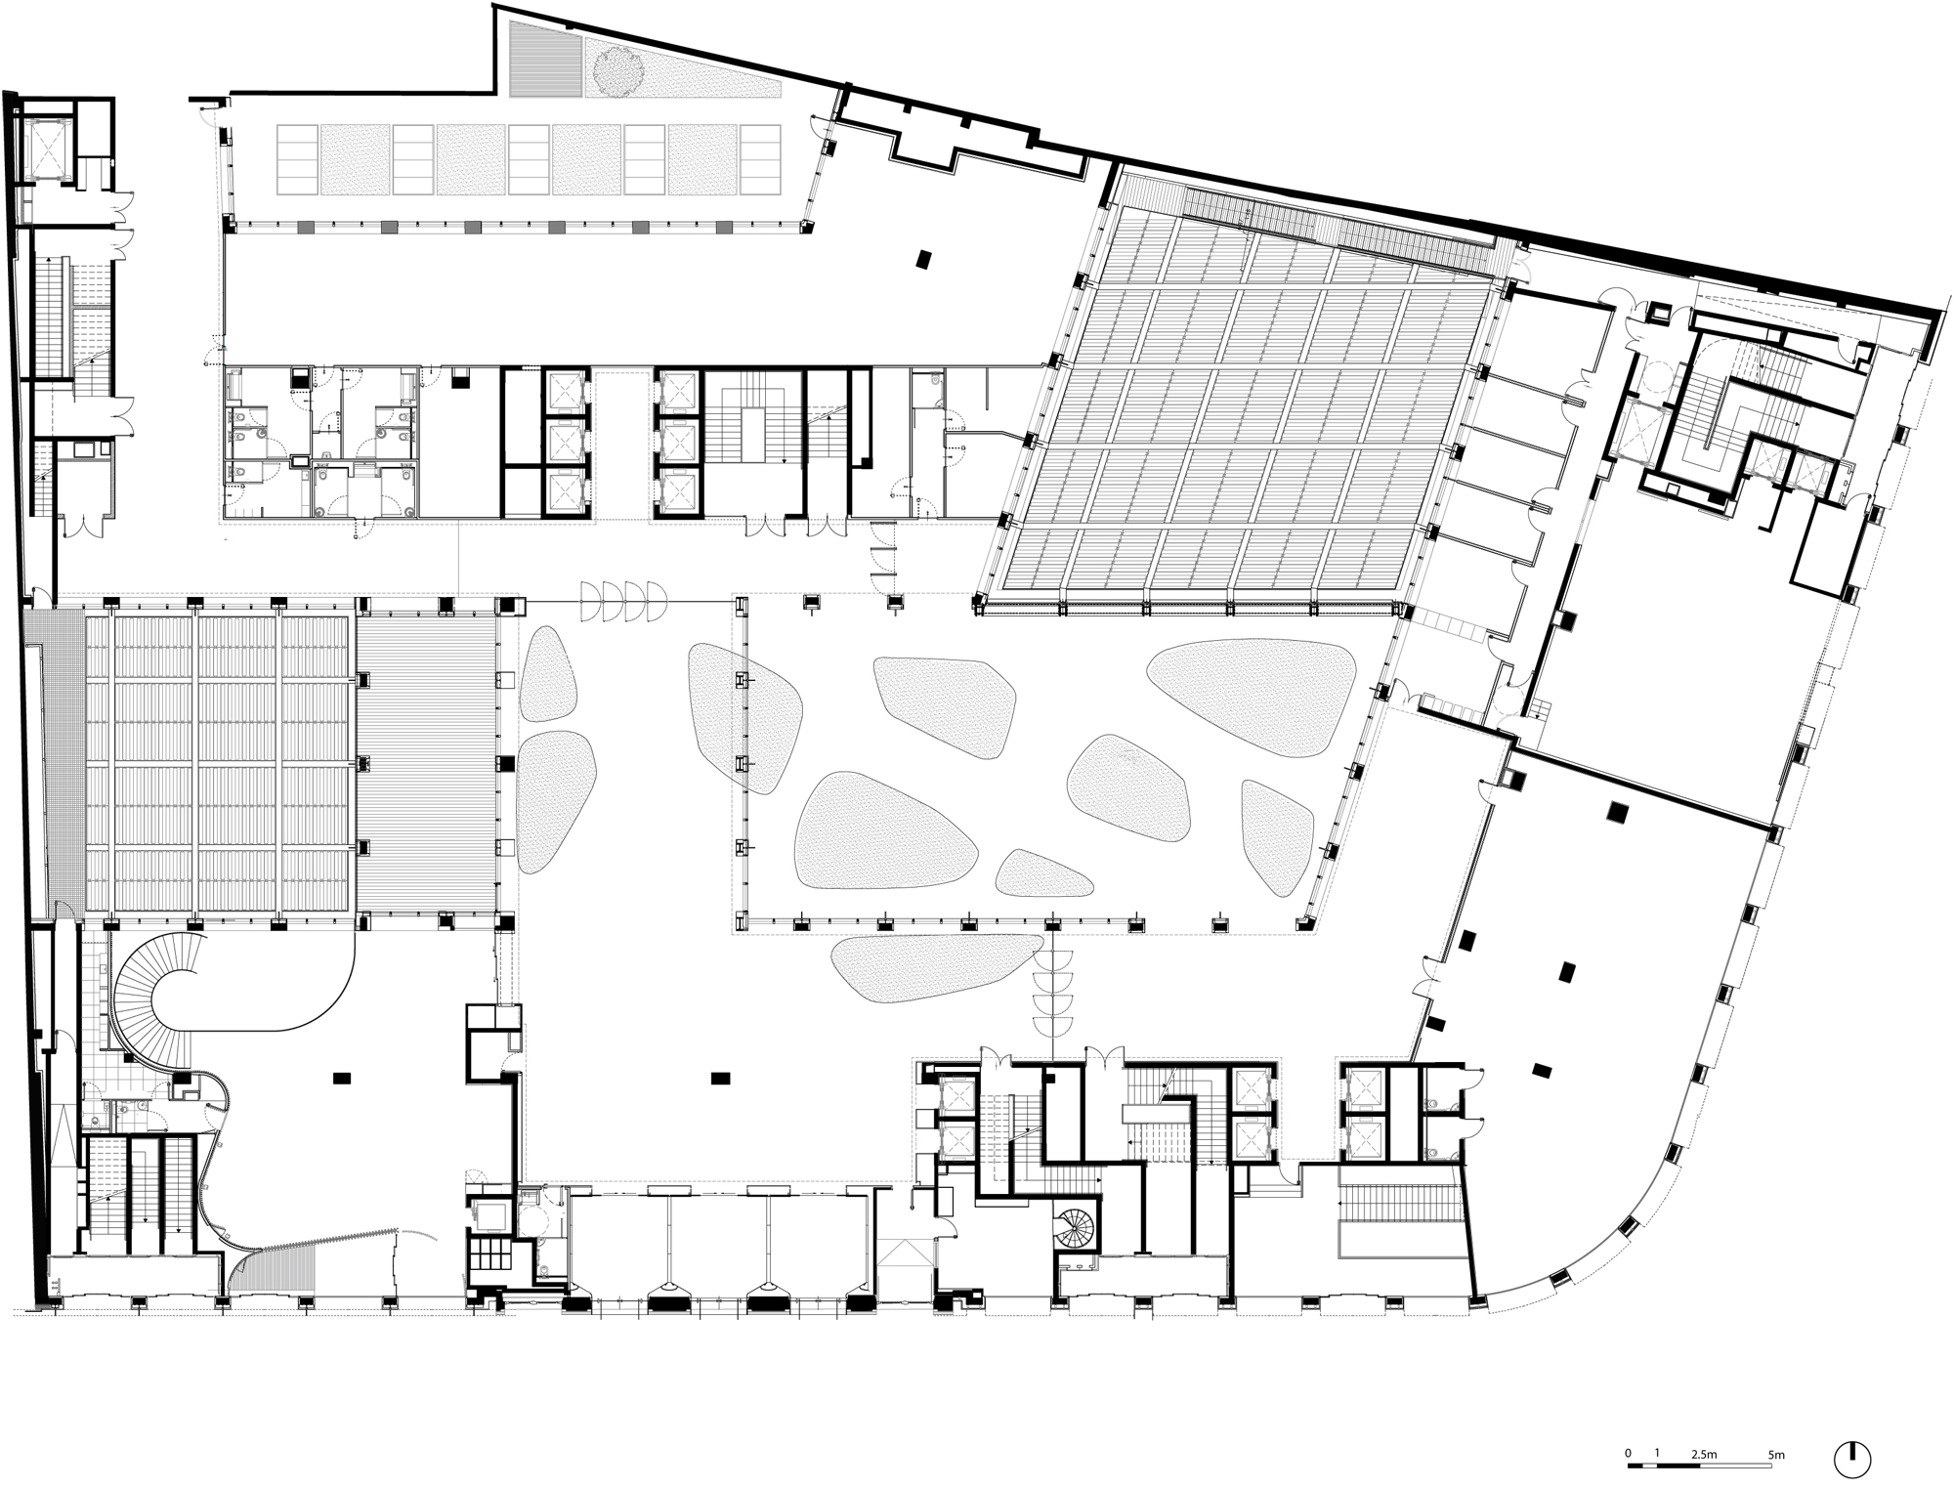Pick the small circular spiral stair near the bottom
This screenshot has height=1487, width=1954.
click(1076, 1225)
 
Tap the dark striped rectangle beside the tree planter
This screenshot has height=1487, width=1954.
click(545, 59)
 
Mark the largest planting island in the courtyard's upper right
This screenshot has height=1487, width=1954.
click(1252, 690)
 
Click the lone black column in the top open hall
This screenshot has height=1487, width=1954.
click(923, 259)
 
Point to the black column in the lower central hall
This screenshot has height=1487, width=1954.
click(721, 1077)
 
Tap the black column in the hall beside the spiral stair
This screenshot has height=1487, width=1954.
click(341, 1077)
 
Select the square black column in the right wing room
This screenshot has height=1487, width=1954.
click(1618, 811)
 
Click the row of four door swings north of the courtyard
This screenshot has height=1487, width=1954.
click(623, 601)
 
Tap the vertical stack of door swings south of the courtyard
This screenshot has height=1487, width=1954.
click(1054, 987)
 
